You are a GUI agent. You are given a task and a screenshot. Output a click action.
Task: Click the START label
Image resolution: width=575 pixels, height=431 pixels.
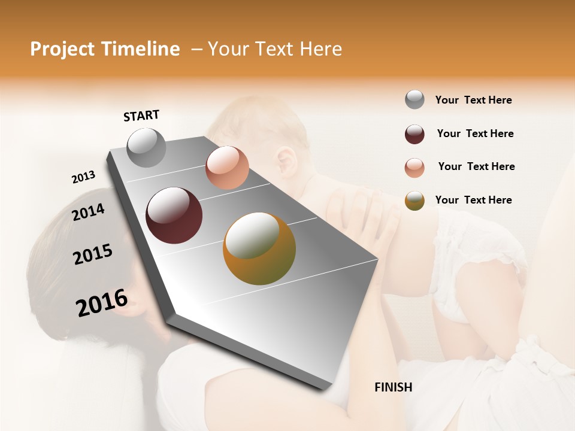[x=141, y=116]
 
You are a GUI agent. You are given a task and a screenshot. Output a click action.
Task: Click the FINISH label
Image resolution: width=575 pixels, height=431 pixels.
[x=393, y=387]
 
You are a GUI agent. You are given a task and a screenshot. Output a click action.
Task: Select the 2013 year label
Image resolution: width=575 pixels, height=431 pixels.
[x=83, y=177]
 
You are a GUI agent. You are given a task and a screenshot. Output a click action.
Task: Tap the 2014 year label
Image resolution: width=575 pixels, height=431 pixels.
[x=88, y=212]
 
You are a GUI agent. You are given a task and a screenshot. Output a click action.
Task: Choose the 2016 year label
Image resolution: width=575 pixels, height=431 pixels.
[x=102, y=303]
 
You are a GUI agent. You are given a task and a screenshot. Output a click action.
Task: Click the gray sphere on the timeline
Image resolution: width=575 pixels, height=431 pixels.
[x=147, y=148]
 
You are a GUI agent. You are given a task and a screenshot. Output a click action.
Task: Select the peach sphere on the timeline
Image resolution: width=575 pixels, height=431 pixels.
[x=227, y=168]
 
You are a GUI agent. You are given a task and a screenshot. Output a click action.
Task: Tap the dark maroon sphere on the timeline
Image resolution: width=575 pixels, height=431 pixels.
[x=174, y=215]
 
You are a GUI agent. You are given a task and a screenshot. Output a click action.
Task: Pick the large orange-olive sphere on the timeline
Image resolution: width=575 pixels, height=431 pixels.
[x=259, y=248]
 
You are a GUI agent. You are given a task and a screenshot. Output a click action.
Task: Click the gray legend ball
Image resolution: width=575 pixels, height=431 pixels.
[x=414, y=100]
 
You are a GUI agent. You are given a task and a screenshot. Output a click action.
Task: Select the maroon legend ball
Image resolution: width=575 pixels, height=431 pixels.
[x=414, y=134]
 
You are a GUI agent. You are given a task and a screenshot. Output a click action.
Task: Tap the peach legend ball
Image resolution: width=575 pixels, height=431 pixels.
[x=414, y=168]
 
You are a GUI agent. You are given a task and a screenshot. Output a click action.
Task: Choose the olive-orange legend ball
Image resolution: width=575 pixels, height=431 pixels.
[x=414, y=201]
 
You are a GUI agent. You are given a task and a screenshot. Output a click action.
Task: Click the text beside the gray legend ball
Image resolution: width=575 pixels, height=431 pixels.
[x=473, y=100]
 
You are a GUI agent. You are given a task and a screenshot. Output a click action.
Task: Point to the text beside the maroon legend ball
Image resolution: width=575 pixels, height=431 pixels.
[x=475, y=133]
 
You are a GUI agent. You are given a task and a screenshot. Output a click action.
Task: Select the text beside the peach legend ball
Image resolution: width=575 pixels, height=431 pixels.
[x=476, y=166]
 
